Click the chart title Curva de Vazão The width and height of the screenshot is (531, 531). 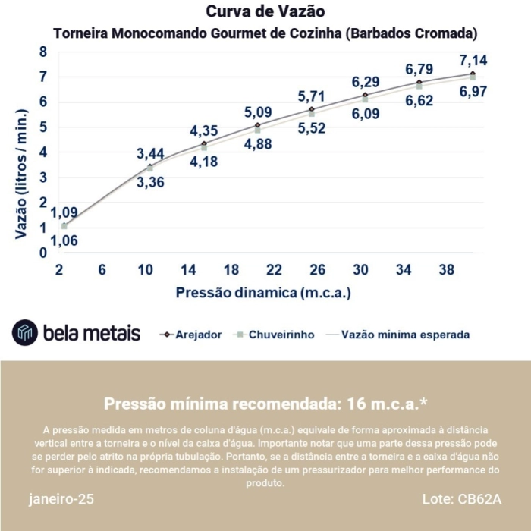[265, 12]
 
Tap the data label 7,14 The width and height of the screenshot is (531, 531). [473, 61]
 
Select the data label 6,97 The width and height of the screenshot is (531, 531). [473, 92]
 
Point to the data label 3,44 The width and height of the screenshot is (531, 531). [151, 154]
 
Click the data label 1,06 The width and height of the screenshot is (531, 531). [64, 241]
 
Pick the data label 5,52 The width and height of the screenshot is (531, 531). [311, 128]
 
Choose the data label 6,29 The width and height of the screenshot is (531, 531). [366, 82]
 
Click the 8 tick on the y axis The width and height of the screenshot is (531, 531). [43, 52]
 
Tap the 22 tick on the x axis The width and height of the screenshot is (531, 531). [275, 269]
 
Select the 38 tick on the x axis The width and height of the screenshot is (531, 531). [448, 269]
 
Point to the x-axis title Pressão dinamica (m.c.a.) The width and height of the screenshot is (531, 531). [263, 292]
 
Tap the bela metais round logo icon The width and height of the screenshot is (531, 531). [25, 333]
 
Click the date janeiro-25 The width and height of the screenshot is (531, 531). [62, 500]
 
